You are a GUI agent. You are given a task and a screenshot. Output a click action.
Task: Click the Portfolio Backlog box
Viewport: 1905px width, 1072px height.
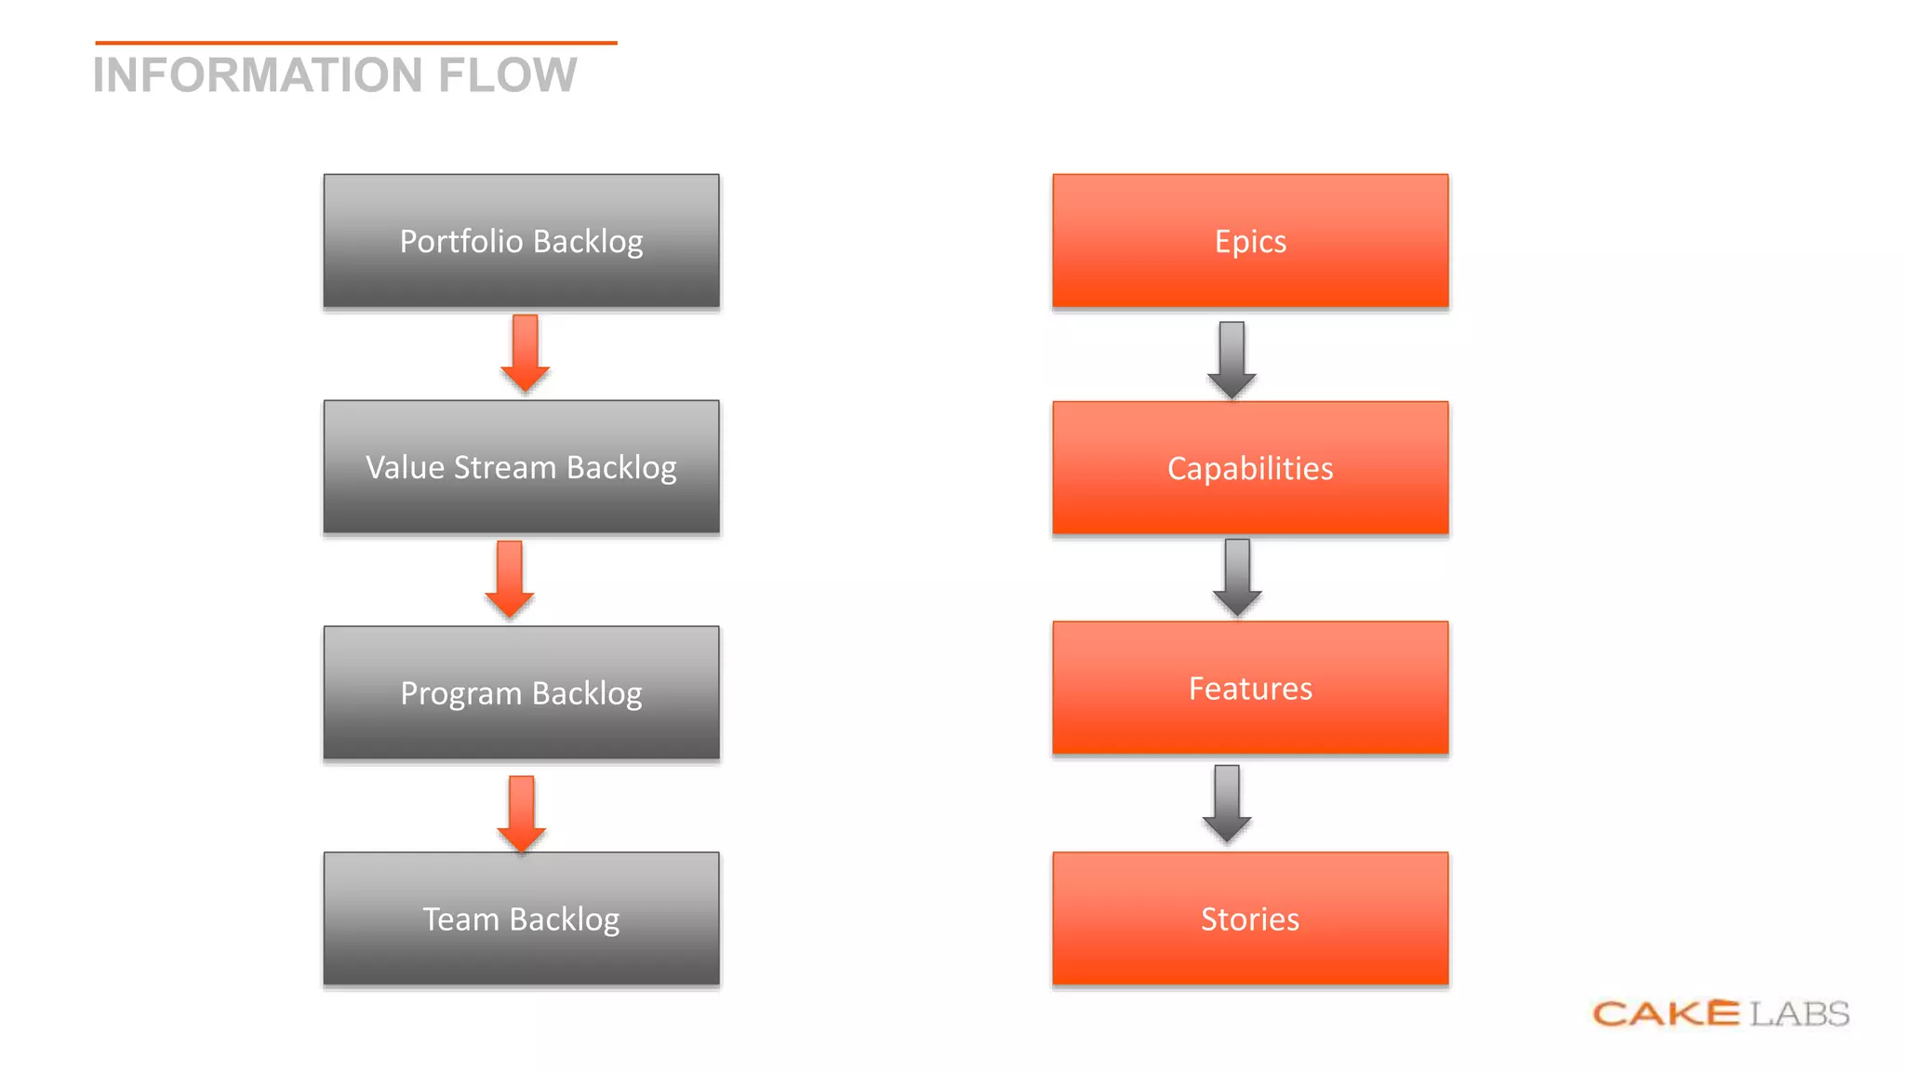click(x=521, y=241)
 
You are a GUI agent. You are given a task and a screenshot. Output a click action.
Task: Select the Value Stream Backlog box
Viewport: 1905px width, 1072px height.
click(x=521, y=467)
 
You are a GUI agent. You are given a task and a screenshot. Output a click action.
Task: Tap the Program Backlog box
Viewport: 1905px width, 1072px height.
click(x=521, y=693)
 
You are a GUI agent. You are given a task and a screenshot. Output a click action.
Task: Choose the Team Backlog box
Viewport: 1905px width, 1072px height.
click(x=521, y=919)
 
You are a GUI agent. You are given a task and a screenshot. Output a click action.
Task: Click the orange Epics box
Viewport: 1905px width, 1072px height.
click(x=1250, y=241)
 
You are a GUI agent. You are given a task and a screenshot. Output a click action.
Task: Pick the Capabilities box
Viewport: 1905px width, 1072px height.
click(x=1250, y=468)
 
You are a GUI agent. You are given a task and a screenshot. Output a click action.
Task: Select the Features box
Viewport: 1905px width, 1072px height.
click(x=1250, y=689)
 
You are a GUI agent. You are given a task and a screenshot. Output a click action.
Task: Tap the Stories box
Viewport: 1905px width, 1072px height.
click(x=1250, y=919)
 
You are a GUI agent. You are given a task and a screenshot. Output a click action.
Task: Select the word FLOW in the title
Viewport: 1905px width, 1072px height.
click(x=508, y=75)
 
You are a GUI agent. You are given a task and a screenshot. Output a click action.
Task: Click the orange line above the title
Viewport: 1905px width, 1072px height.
click(x=355, y=43)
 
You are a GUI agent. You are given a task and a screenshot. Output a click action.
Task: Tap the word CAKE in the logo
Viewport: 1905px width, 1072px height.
click(x=1666, y=1013)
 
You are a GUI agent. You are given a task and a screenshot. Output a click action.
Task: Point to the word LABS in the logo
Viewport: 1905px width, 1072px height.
click(x=1799, y=1013)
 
